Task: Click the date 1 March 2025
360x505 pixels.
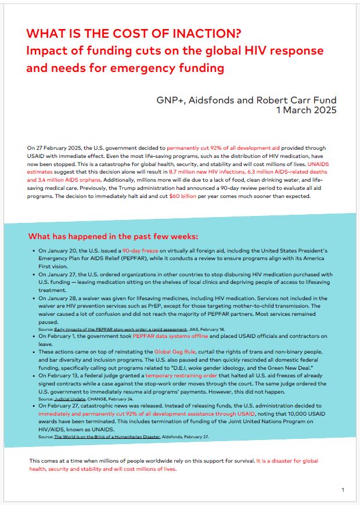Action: pos(306,110)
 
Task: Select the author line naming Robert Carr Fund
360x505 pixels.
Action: pos(246,100)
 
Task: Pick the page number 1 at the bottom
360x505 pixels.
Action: pos(343,490)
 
